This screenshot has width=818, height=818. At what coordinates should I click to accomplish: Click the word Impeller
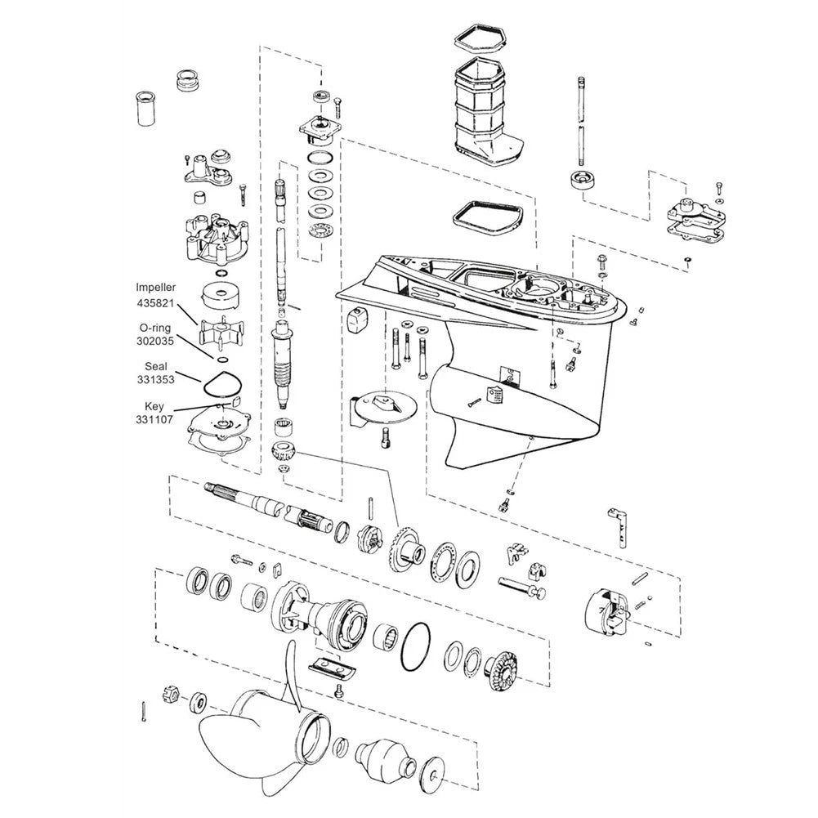155,288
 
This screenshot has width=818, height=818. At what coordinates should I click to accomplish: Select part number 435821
155,302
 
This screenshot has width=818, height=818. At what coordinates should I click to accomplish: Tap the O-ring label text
155,329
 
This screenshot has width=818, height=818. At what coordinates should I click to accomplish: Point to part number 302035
155,342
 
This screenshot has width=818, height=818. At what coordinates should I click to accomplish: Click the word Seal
156,366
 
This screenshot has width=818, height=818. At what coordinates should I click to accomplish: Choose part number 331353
155,380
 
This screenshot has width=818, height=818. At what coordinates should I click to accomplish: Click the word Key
154,406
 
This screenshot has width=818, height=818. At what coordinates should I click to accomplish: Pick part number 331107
154,419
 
